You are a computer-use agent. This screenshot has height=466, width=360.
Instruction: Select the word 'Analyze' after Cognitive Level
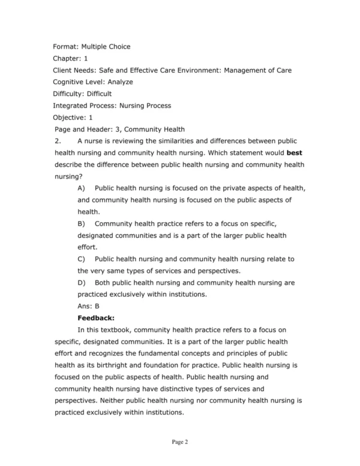pyautogui.click(x=120, y=82)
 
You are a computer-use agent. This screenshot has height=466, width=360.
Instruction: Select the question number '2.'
pyautogui.click(x=58, y=141)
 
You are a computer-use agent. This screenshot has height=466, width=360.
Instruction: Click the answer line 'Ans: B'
pyautogui.click(x=88, y=306)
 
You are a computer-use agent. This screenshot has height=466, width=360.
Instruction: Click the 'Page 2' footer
pyautogui.click(x=180, y=443)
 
